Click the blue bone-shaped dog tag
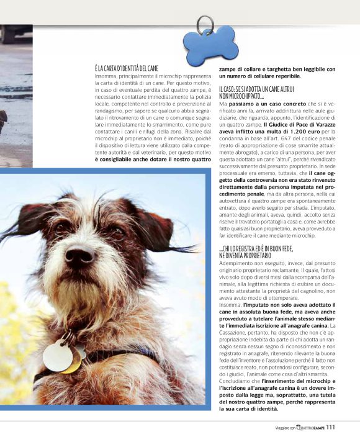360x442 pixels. pos(210,46)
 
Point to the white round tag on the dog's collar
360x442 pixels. pos(58,355)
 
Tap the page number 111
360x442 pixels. pos(330,427)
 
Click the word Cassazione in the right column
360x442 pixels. pos(234,332)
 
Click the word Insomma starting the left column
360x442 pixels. pos(106,75)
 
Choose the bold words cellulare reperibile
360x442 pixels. pos(274,76)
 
